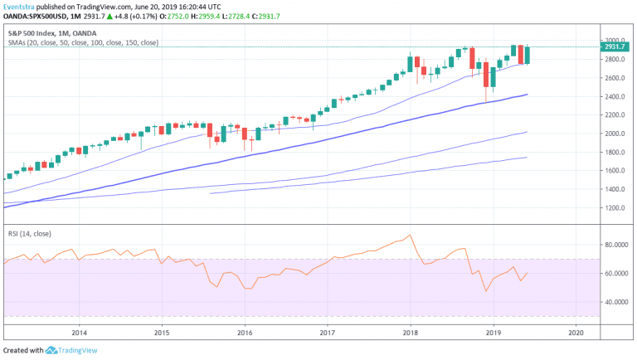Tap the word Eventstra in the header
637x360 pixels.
point(22,7)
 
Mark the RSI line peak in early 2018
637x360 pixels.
point(410,235)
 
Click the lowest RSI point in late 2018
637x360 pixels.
point(486,291)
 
